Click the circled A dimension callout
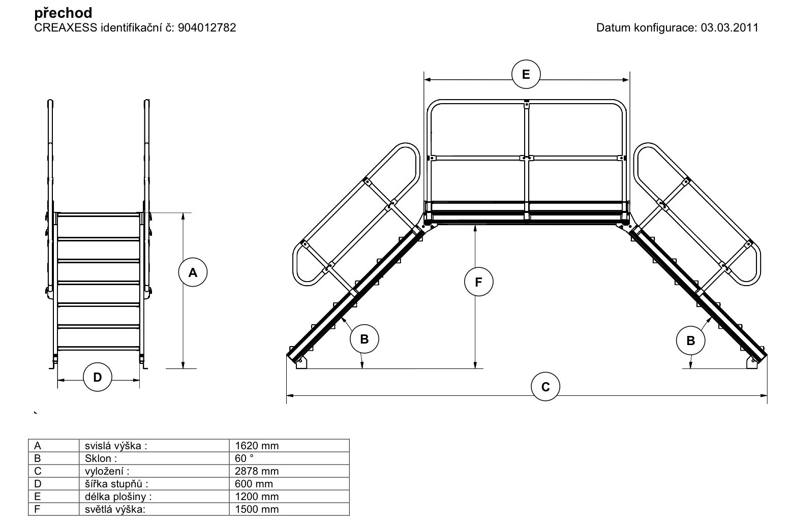[193, 273]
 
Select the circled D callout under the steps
[98, 377]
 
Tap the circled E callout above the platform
[526, 75]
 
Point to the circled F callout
[479, 282]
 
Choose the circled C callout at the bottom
[545, 387]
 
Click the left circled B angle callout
[364, 339]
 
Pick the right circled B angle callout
[690, 340]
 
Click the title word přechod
[64, 13]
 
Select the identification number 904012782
[207, 27]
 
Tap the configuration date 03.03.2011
[729, 27]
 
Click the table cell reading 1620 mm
[257, 446]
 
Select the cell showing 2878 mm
[257, 471]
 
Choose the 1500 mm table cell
[257, 509]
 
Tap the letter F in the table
[37, 509]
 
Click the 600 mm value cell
[254, 484]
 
